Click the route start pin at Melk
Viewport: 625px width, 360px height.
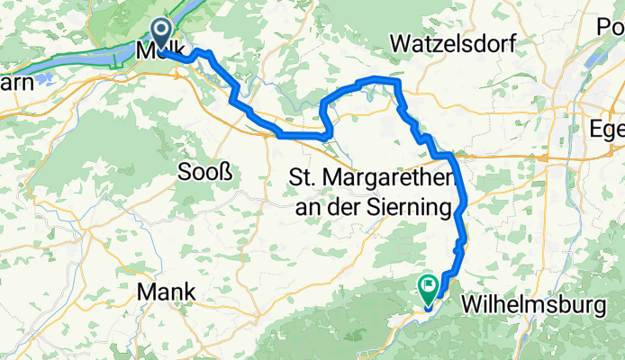coord(161,34)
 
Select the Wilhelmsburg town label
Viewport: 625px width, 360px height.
coord(533,306)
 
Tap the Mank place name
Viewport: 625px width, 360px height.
coord(165,292)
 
